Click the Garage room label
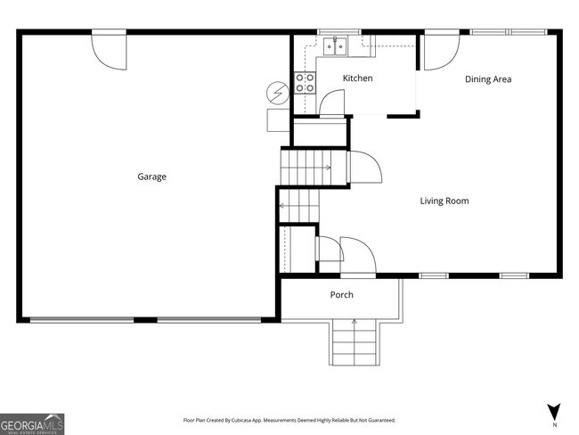click(x=151, y=176)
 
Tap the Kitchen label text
click(x=358, y=78)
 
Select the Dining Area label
click(x=488, y=79)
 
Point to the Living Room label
click(x=444, y=201)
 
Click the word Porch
click(x=342, y=295)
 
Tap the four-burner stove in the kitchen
click(x=306, y=83)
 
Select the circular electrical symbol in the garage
click(x=277, y=91)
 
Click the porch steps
click(x=355, y=342)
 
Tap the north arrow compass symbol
click(x=553, y=412)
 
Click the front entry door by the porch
click(x=358, y=257)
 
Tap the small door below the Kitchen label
click(x=330, y=104)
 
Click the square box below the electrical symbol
click(x=275, y=120)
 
